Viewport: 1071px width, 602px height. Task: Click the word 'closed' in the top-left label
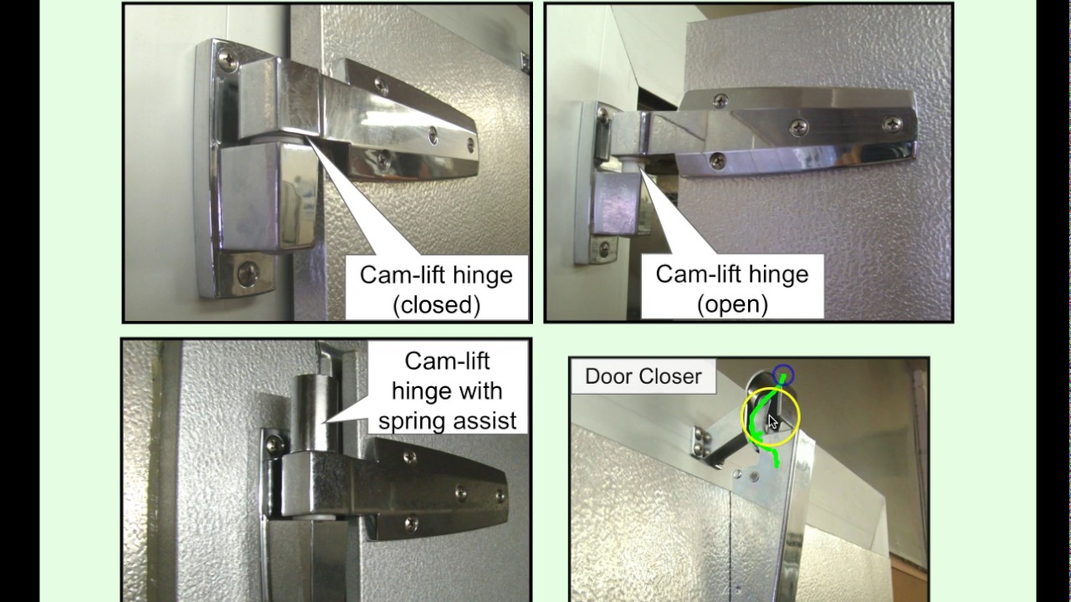pyautogui.click(x=437, y=305)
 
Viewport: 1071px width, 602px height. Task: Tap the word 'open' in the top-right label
pyautogui.click(x=732, y=304)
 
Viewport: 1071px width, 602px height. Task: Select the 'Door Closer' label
pyautogui.click(x=643, y=376)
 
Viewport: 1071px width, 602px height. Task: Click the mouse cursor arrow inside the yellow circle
pyautogui.click(x=772, y=422)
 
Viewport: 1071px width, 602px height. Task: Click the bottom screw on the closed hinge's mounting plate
pyautogui.click(x=249, y=274)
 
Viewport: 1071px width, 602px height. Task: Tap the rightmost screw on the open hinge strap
pyautogui.click(x=892, y=125)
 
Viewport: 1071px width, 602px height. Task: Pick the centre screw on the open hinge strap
pyautogui.click(x=798, y=128)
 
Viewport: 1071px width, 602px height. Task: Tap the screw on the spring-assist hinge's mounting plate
pyautogui.click(x=275, y=445)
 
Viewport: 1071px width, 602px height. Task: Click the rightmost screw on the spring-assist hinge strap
pyautogui.click(x=500, y=496)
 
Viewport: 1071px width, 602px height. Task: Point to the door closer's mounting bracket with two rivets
pyautogui.click(x=700, y=441)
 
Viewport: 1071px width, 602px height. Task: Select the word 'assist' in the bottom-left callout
pyautogui.click(x=484, y=421)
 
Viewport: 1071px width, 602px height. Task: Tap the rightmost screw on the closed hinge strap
pyautogui.click(x=470, y=144)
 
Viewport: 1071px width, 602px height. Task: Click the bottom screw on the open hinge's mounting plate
pyautogui.click(x=604, y=249)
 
